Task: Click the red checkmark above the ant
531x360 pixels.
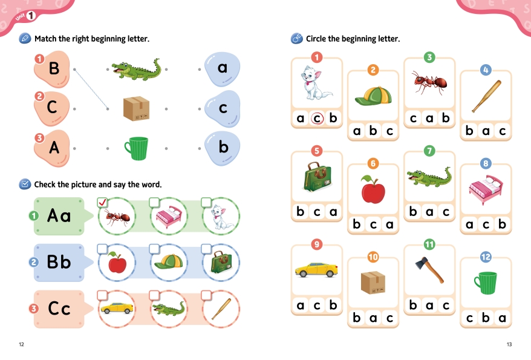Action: click(103, 203)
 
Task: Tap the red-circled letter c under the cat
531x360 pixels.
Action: click(317, 118)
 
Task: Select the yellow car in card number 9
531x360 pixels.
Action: click(316, 270)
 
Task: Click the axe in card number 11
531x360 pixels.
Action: click(429, 270)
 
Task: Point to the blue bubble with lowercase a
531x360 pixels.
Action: click(222, 69)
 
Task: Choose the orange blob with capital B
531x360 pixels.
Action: click(52, 69)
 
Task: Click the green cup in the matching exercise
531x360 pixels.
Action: click(137, 148)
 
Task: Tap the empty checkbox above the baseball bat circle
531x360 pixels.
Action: click(206, 295)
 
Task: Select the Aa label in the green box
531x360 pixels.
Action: click(59, 216)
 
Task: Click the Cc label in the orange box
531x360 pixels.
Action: click(59, 309)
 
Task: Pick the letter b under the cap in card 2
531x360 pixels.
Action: click(373, 130)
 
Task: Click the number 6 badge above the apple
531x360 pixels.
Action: click(373, 163)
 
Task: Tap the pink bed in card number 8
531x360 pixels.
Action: click(486, 189)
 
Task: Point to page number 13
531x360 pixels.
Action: click(509, 344)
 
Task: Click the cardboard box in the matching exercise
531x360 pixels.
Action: click(137, 108)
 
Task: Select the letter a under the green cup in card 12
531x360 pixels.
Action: click(502, 318)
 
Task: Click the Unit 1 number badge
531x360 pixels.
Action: click(31, 15)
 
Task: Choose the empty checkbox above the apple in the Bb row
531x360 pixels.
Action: click(102, 249)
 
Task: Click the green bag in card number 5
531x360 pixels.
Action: click(317, 177)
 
